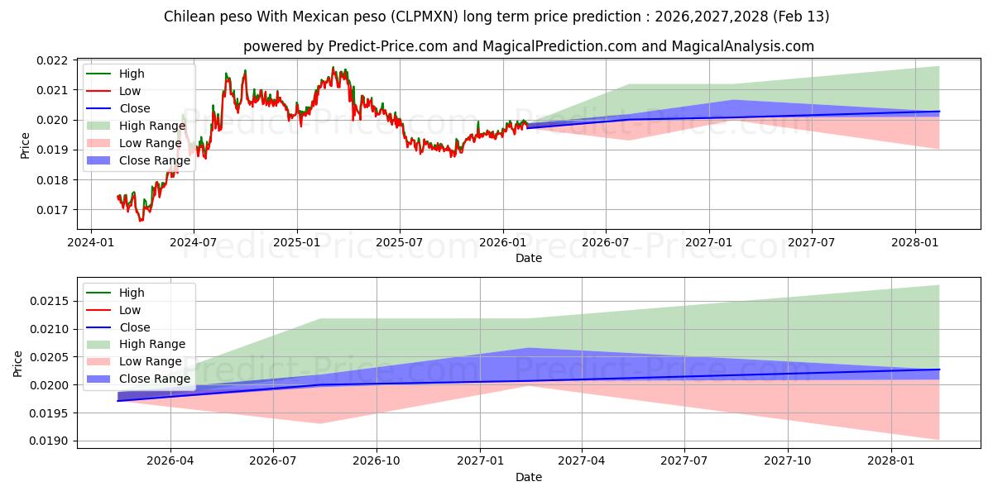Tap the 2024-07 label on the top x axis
click(x=194, y=244)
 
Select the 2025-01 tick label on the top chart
click(x=296, y=244)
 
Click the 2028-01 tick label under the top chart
click(x=914, y=244)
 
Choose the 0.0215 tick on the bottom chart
click(x=51, y=300)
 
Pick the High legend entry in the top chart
click(x=131, y=74)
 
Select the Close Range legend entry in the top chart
click(x=154, y=160)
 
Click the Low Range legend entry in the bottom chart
click(x=150, y=361)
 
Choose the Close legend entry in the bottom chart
click(x=134, y=327)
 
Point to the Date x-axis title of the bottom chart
click(x=529, y=477)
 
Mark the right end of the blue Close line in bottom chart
click(x=939, y=370)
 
